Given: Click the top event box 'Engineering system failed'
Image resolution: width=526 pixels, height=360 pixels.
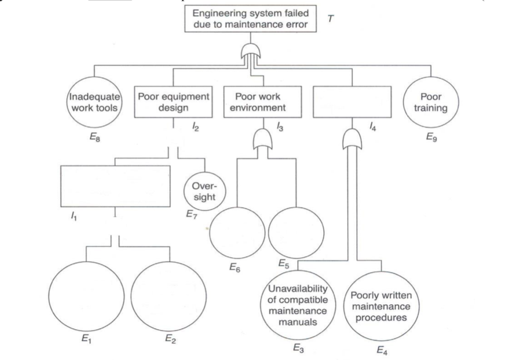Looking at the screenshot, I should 258,19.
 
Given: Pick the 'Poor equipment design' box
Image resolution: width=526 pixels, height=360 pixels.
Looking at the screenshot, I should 173,102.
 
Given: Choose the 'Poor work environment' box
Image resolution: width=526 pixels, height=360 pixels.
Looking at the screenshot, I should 258,102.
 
